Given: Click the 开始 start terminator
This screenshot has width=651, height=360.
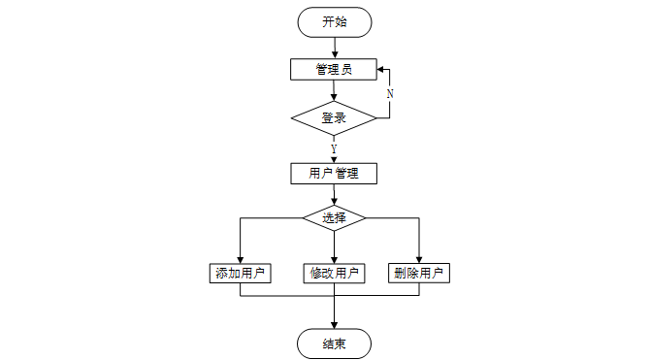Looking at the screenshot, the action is click(x=334, y=22).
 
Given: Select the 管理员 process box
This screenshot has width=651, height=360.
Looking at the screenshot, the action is click(x=334, y=69).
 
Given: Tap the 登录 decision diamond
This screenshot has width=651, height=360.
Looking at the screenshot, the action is click(x=334, y=118).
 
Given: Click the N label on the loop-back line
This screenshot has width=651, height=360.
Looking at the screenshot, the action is click(x=390, y=94).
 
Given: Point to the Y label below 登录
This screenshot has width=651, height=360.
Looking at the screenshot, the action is click(x=334, y=148).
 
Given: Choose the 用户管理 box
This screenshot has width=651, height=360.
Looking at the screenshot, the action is click(x=334, y=173).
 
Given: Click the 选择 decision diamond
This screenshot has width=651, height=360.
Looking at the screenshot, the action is click(x=334, y=217).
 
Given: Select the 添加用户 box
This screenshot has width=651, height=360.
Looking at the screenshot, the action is click(x=240, y=274).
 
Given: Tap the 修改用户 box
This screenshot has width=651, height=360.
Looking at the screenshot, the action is click(x=334, y=274).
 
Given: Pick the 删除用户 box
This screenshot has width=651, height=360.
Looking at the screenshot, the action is click(x=419, y=274).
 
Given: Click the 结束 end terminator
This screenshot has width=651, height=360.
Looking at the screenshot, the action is click(x=334, y=344).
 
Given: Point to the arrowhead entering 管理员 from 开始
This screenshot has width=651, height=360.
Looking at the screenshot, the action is click(x=335, y=55).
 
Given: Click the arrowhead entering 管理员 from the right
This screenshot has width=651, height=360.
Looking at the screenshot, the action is click(x=380, y=69).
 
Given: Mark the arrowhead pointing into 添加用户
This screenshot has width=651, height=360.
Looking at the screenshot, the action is click(x=240, y=260).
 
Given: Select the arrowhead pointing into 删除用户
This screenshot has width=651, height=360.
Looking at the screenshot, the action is click(x=419, y=260).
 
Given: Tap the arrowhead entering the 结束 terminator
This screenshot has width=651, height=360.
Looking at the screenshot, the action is click(x=334, y=325).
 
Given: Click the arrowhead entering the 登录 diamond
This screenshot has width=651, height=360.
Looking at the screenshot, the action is click(x=334, y=98).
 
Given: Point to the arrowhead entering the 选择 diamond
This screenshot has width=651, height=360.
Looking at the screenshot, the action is click(x=334, y=202).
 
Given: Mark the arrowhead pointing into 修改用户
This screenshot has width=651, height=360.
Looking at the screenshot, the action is click(x=334, y=260).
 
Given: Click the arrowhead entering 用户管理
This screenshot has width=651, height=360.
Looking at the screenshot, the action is click(x=334, y=159).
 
